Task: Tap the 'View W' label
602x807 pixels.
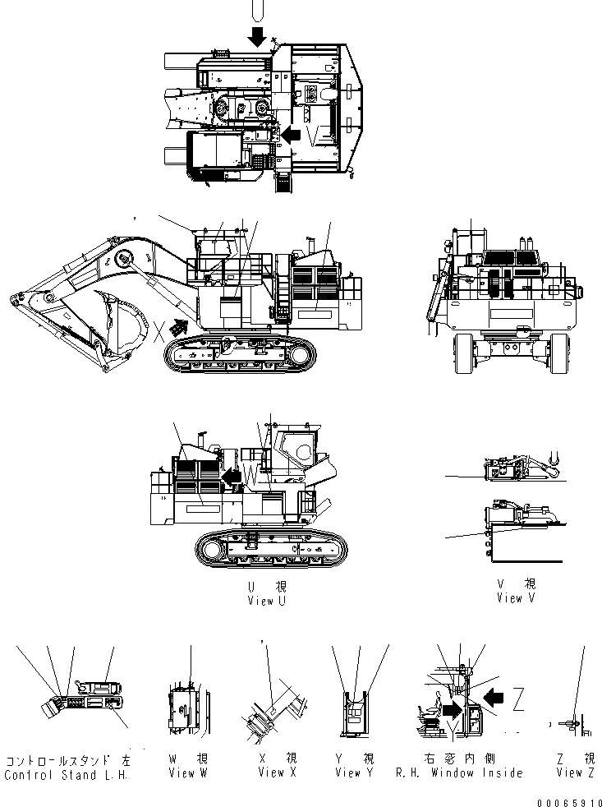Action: click(181, 772)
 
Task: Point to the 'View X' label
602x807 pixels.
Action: click(271, 772)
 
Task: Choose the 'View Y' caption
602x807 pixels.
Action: click(354, 772)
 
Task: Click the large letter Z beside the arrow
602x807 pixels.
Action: click(517, 700)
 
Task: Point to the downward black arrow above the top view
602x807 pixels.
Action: click(258, 35)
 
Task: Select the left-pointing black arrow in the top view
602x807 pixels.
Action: click(290, 133)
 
